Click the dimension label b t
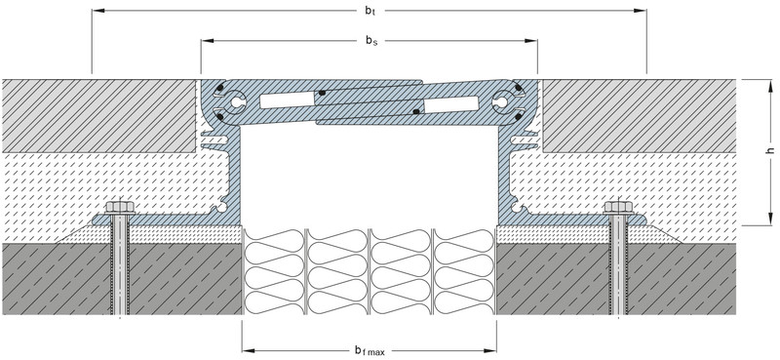(x=370, y=11)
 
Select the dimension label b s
(x=371, y=41)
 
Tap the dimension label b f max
(x=370, y=351)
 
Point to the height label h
(x=770, y=150)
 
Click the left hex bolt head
(x=119, y=207)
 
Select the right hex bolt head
(x=618, y=207)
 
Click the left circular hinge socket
(x=236, y=102)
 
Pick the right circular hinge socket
(x=502, y=102)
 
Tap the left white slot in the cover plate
(x=287, y=100)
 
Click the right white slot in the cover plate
(x=451, y=104)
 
